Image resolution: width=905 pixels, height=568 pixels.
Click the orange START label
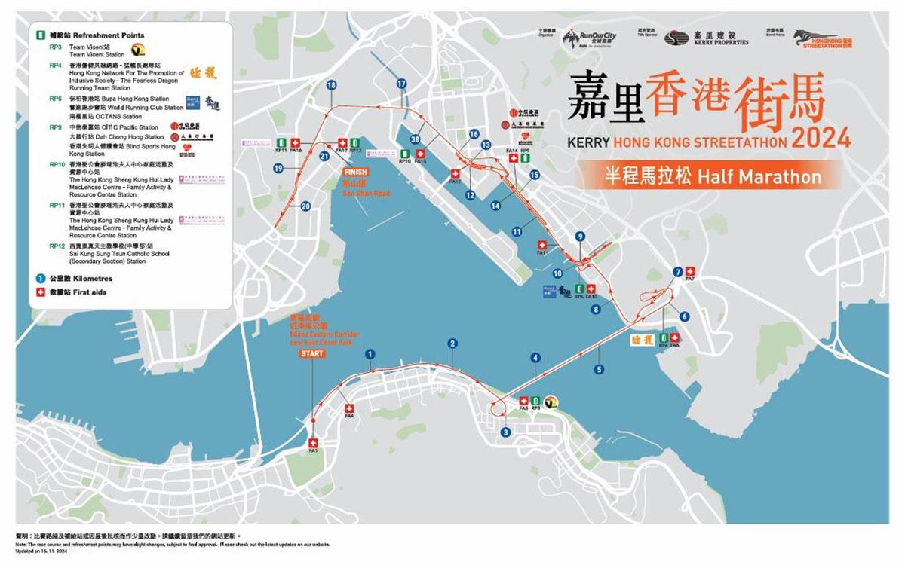click(x=312, y=353)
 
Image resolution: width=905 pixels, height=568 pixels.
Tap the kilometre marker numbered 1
click(x=370, y=353)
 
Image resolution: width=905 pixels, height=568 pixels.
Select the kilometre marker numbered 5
click(x=599, y=369)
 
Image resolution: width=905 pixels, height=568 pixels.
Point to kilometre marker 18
click(x=330, y=86)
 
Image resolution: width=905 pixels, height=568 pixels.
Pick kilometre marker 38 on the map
click(x=416, y=139)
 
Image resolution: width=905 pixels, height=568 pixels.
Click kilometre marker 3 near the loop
click(x=505, y=432)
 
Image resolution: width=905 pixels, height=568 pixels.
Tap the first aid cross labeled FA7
click(x=690, y=271)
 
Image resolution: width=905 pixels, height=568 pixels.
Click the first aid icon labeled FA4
click(x=349, y=406)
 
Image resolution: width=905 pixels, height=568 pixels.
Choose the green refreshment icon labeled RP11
click(x=281, y=142)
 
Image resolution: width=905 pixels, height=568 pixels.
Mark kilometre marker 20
click(x=305, y=206)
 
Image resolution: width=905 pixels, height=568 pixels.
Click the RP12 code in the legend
click(x=55, y=246)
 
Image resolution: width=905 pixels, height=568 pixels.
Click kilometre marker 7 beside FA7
click(x=677, y=271)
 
